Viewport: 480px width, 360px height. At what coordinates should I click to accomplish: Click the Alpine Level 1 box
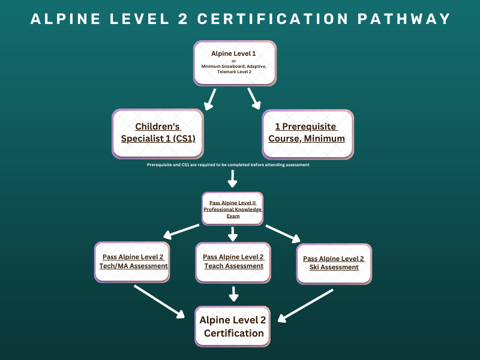pos(235,62)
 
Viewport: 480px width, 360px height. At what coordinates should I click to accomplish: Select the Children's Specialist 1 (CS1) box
pos(158,133)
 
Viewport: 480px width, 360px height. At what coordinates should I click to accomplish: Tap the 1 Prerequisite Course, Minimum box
pos(307,133)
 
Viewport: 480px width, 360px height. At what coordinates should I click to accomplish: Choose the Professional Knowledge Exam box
pos(233,209)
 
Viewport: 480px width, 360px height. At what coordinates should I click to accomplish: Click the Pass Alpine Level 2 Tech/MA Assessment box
pos(133,261)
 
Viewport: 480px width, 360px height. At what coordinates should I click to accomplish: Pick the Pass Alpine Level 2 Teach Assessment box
pos(233,261)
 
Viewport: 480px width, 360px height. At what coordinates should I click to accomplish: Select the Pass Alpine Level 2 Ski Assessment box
pos(334,263)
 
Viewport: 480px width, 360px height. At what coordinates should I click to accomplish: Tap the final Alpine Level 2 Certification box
pos(232,326)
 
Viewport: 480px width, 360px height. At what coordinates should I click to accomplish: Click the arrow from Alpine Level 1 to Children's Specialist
pos(210,100)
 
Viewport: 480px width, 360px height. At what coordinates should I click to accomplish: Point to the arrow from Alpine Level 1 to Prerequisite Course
pos(254,98)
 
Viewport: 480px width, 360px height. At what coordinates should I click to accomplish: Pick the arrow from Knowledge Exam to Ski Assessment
pos(283,233)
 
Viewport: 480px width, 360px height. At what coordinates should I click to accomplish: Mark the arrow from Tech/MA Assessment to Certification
pos(160,301)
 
